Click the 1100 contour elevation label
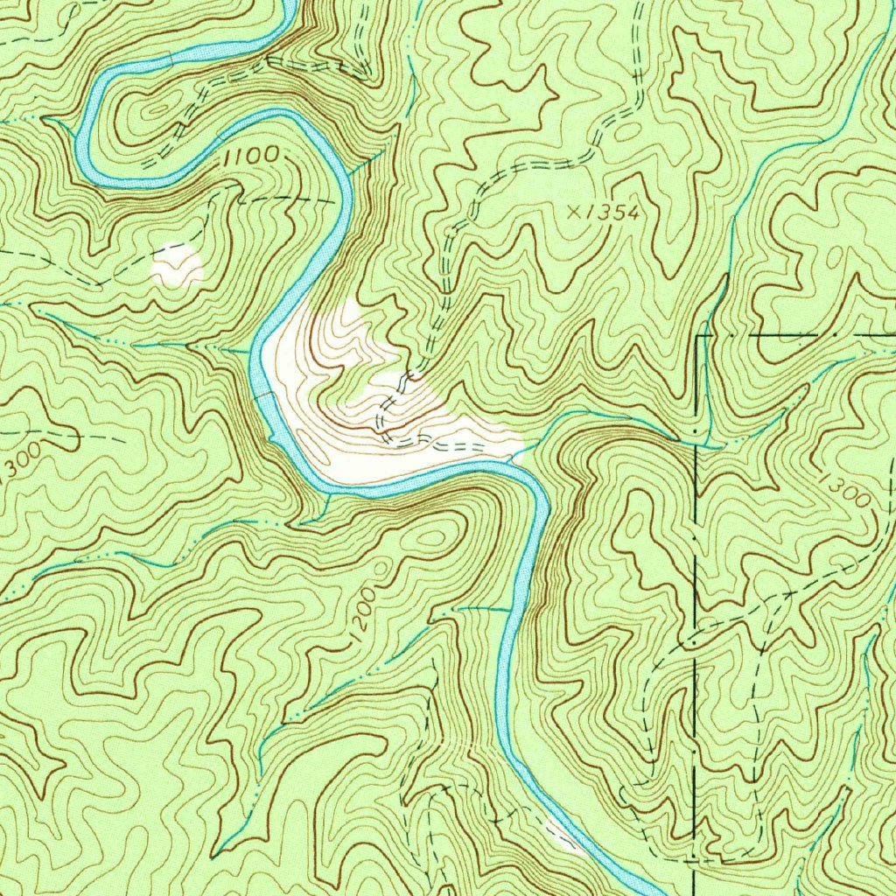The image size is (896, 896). click(251, 157)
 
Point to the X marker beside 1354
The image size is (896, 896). click(574, 211)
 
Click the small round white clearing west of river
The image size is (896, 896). click(178, 264)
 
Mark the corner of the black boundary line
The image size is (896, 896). click(697, 336)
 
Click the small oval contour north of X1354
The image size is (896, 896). click(628, 131)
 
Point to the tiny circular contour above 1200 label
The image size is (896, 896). click(379, 570)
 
